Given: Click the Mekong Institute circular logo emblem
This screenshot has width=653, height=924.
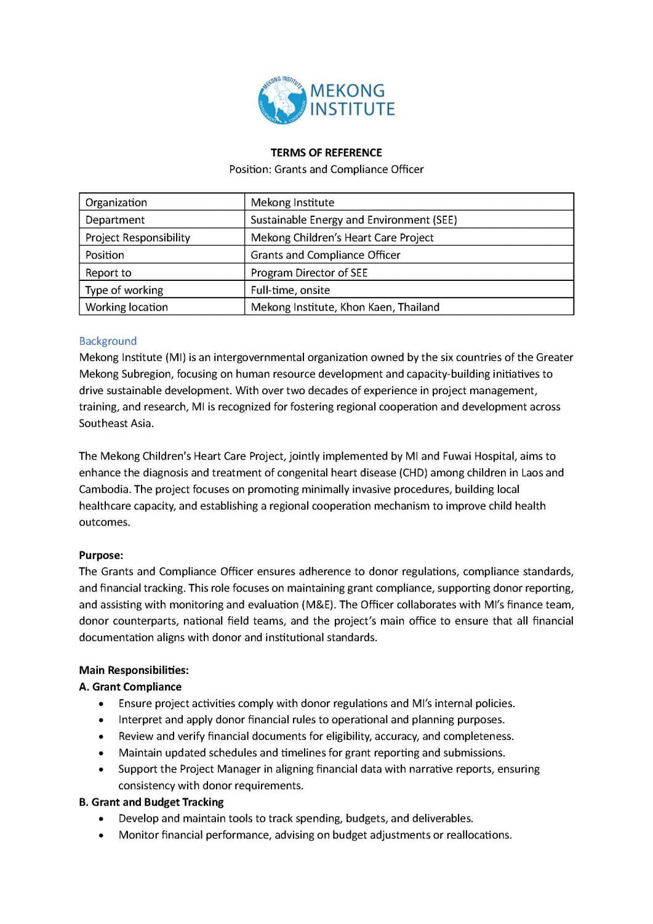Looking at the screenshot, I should [282, 100].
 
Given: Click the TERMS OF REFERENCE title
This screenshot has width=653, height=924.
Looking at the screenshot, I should [326, 153].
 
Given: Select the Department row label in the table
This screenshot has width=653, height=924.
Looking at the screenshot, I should [115, 220].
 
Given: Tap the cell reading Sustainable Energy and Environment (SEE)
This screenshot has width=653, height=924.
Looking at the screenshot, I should [353, 220].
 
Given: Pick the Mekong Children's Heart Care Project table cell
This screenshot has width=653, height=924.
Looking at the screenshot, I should [342, 238].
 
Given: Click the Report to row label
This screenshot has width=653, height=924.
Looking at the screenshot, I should [108, 273].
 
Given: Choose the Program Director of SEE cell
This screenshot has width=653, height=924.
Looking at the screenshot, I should [309, 273].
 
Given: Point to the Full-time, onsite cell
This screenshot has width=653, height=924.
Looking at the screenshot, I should [290, 290].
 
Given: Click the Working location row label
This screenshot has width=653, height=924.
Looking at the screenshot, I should [126, 307].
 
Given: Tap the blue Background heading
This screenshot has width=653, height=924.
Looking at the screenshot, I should [108, 341].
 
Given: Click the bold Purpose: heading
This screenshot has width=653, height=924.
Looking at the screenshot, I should [101, 556].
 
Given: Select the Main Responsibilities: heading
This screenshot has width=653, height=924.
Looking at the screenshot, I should [134, 670].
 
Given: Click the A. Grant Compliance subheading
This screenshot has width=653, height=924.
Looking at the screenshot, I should [130, 687].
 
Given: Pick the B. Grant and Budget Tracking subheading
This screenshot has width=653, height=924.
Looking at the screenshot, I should [151, 802].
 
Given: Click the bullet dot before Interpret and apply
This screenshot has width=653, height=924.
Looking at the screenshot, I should [101, 720].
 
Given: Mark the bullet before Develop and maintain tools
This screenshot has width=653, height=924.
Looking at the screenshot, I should [101, 819].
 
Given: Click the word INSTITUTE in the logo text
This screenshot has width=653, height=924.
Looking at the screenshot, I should [352, 110].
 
